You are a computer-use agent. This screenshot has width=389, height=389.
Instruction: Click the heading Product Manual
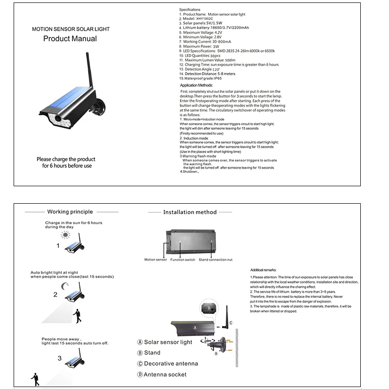70,39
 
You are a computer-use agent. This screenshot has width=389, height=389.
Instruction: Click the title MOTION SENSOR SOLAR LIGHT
71,29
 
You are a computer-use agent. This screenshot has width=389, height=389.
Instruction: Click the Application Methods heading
196,85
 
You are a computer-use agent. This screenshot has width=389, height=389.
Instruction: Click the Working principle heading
70,212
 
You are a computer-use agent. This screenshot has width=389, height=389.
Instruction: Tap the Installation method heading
190,212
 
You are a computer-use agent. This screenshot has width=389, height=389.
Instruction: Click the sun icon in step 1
66,235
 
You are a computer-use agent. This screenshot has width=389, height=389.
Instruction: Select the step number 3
59,358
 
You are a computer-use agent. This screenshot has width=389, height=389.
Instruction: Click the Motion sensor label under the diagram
156,260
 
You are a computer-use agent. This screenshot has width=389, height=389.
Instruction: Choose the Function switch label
183,260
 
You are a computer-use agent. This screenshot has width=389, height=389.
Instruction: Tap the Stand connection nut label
215,260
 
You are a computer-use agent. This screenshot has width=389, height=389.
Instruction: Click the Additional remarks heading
263,270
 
